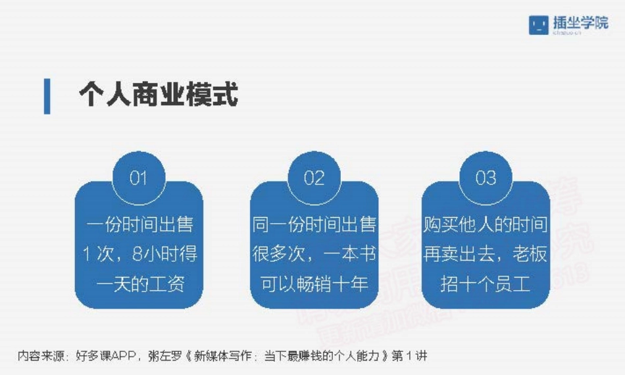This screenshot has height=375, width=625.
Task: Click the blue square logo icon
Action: [539, 24]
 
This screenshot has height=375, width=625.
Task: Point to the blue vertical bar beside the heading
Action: [47, 96]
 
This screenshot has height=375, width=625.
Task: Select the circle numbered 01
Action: [138, 178]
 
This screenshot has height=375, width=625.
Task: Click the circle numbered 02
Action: [314, 178]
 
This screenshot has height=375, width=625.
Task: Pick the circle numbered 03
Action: [486, 178]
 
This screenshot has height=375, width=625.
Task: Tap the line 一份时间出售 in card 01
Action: [139, 224]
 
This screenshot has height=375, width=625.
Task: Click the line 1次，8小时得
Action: [139, 254]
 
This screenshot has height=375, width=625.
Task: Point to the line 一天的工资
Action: [139, 284]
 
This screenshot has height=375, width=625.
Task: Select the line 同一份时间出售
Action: [314, 224]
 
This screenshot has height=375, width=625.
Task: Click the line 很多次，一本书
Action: [314, 254]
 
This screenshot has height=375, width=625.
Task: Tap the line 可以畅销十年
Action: [314, 284]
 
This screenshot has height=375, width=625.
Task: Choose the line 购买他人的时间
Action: [486, 224]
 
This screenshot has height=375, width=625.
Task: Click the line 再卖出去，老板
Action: [486, 254]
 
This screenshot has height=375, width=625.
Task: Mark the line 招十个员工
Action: [486, 284]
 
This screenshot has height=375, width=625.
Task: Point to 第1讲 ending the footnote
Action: [409, 356]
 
